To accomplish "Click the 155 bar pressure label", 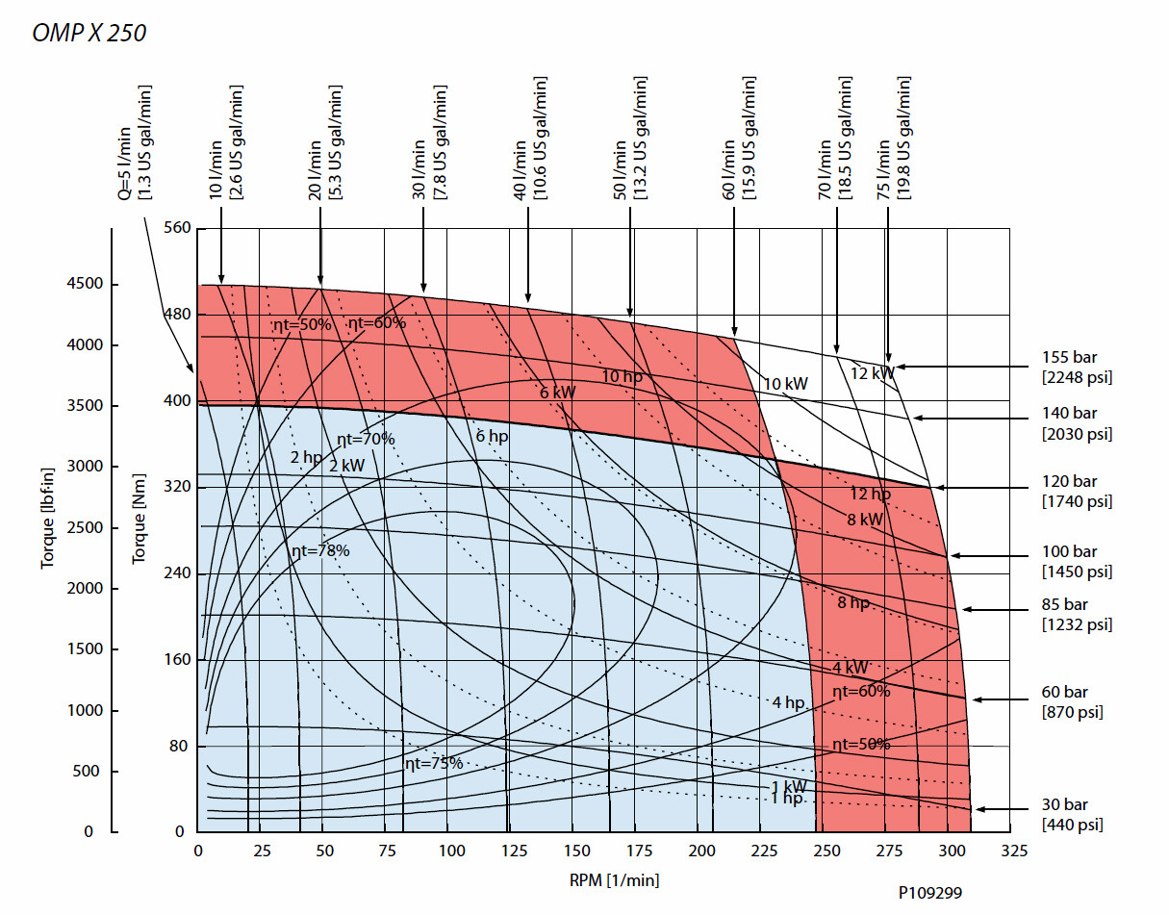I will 1069,358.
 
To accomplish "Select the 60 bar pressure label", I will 1065,693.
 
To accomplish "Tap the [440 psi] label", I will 1072,825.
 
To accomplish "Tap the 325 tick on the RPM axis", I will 1013,851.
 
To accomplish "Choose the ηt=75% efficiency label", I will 434,763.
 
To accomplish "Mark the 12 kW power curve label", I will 872,372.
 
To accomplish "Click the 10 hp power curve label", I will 622,376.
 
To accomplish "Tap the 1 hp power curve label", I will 787,799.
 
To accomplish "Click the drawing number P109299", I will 929,893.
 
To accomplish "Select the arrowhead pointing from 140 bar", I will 917,418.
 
